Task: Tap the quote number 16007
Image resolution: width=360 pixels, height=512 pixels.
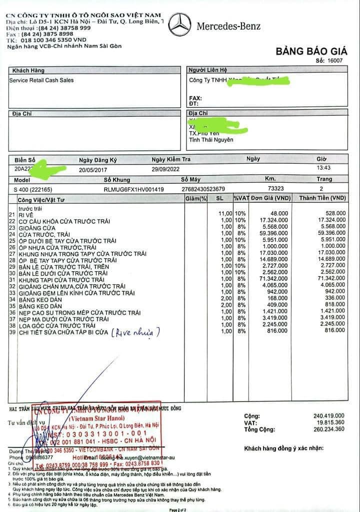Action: click(336, 60)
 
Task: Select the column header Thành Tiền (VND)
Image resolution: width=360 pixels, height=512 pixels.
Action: click(322, 199)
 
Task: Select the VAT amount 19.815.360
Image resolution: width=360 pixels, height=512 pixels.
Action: click(327, 423)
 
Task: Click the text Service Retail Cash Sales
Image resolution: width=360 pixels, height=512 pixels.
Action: click(41, 80)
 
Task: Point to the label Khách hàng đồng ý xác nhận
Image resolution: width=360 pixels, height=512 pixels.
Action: click(283, 447)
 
